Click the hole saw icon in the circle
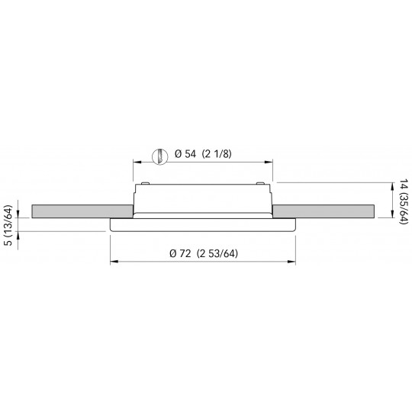159,157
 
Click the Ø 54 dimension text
185,154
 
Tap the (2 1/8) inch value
217,154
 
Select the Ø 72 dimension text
180,253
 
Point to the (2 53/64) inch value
217,253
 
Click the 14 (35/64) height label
404,201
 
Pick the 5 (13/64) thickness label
9,225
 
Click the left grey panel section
82,211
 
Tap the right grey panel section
323,211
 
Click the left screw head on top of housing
145,183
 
